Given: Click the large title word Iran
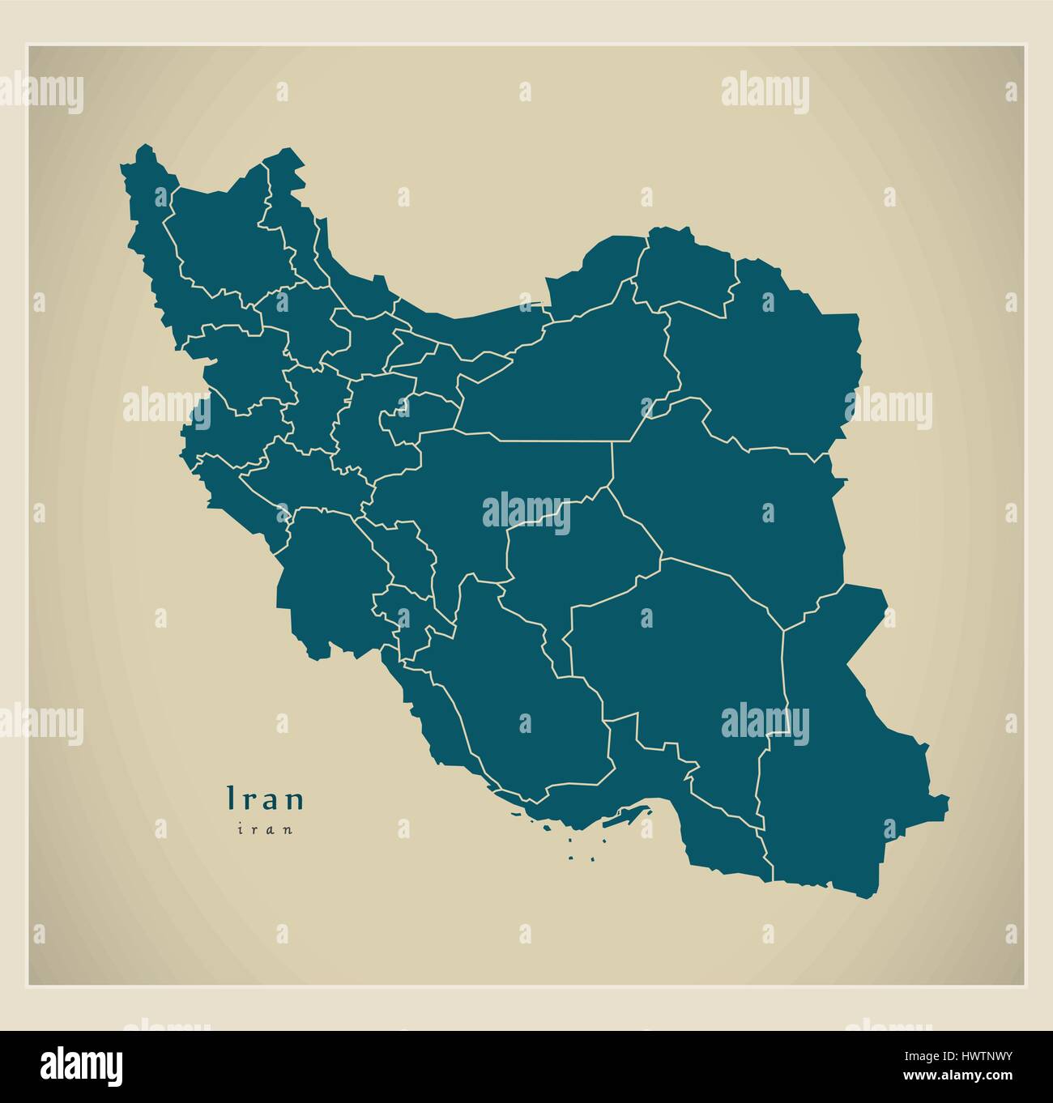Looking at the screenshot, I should pos(266,799).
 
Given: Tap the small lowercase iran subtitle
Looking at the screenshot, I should pos(265,828).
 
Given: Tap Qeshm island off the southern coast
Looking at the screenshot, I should pos(628,818).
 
